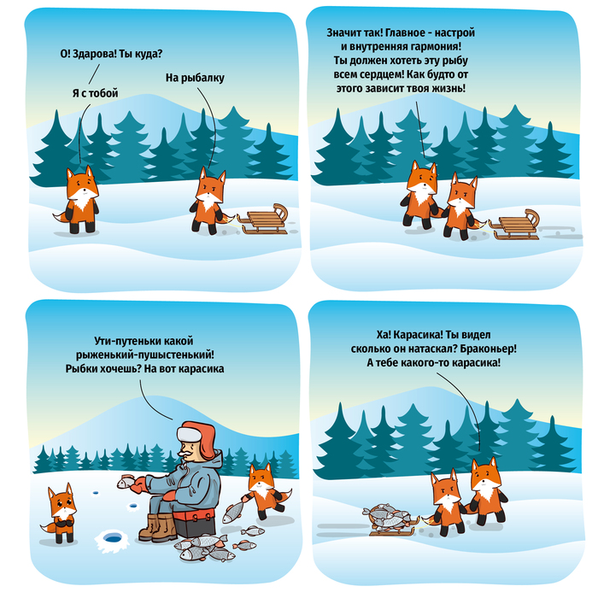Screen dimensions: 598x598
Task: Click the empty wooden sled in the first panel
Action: (263, 220)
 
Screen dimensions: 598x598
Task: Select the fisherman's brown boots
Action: (158, 527)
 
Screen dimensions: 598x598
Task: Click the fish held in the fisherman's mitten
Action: (126, 482)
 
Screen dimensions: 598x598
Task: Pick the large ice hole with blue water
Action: (113, 538)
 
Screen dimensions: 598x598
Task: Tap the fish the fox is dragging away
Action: (233, 512)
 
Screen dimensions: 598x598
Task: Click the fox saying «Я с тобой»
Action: (79, 199)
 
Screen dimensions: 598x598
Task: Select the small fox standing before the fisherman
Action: (61, 513)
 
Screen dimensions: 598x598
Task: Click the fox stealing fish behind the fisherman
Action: (266, 491)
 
